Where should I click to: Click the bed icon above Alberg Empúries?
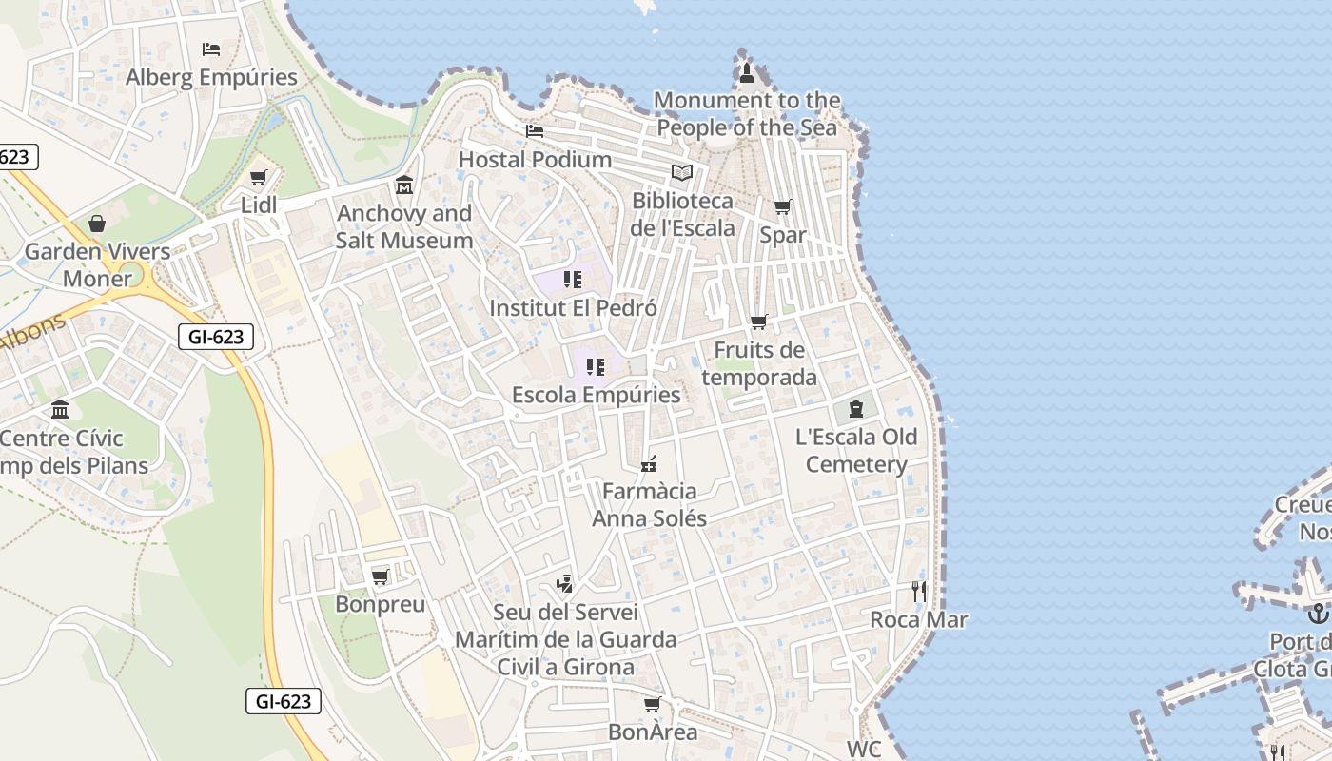pos(211,49)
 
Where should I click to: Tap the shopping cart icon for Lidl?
pos(258,177)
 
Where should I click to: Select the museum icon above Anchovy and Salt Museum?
pos(404,185)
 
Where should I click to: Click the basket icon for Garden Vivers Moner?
pos(97,224)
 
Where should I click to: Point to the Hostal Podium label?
pos(535,159)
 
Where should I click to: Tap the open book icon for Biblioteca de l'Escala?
pos(681,172)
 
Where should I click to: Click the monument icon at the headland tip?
pos(747,72)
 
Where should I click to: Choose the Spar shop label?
pos(782,234)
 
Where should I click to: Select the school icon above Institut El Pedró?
pos(572,280)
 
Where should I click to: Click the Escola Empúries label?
pos(596,395)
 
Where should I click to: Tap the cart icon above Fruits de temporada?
pos(758,322)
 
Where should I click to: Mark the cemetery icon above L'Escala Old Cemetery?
pos(855,409)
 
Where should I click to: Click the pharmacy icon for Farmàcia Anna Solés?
pos(649,464)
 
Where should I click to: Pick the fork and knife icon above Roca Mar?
pos(918,592)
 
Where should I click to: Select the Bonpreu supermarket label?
pos(380,604)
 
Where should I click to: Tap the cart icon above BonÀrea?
pos(652,704)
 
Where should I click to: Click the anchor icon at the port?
pos(1318,614)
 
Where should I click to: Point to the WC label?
pos(864,749)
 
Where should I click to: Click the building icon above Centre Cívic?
pos(61,410)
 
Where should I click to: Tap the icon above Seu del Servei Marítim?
pos(565,584)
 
